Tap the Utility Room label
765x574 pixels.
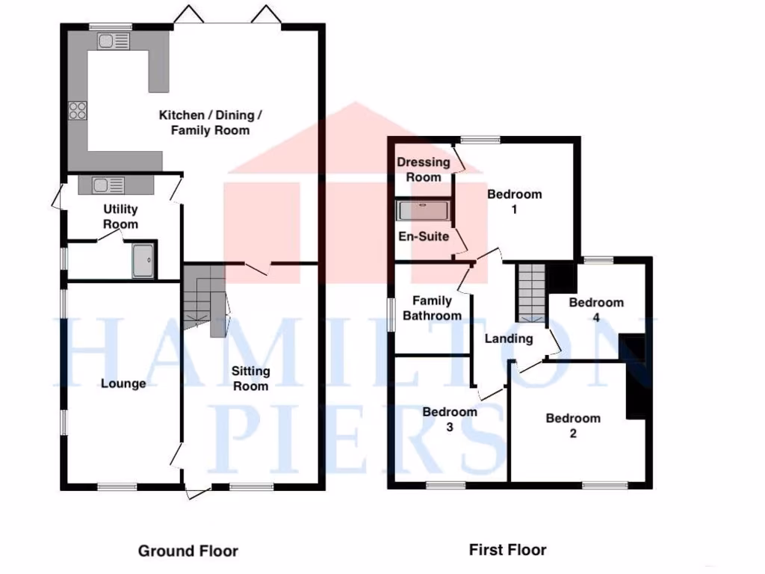[120, 217]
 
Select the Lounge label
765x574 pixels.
[123, 383]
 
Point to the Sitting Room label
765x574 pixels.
[250, 378]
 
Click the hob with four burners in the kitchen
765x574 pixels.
[77, 111]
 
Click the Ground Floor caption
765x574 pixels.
[188, 552]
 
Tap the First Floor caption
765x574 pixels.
[507, 550]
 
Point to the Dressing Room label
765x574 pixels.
[424, 170]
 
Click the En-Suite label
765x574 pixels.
[424, 236]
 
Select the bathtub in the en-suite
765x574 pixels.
[424, 210]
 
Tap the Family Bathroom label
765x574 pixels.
[432, 308]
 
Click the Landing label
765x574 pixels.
[509, 339]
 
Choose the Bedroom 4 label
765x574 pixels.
[595, 309]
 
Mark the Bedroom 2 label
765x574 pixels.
[573, 425]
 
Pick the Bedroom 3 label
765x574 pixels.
[449, 419]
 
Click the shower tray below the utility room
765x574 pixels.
[144, 260]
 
